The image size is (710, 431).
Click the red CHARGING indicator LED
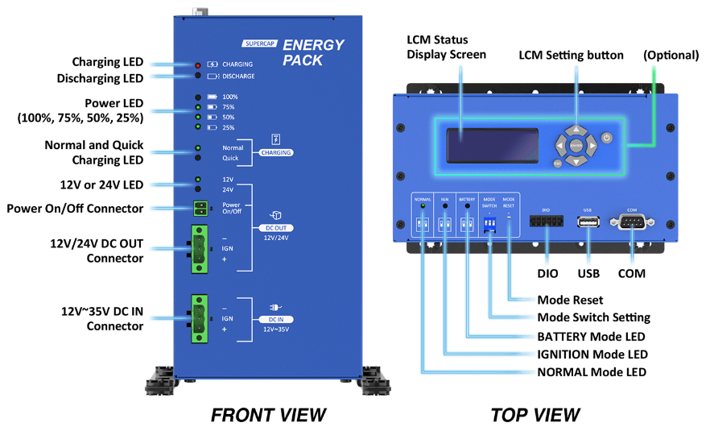(x=198, y=64)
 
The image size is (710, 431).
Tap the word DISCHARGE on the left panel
(x=238, y=77)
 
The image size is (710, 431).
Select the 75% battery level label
(x=229, y=106)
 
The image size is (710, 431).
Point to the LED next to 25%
(x=198, y=127)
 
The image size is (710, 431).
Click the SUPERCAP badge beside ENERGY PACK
(x=259, y=44)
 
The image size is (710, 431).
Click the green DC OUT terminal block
(x=199, y=248)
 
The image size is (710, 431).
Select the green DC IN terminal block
(x=199, y=317)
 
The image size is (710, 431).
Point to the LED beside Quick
(x=198, y=158)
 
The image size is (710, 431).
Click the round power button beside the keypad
(x=607, y=139)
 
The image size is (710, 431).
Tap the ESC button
(x=557, y=164)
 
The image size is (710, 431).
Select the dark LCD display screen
(x=493, y=145)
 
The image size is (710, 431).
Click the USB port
(x=588, y=222)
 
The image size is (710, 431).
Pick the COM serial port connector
(x=632, y=222)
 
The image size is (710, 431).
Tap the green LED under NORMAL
(x=422, y=207)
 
